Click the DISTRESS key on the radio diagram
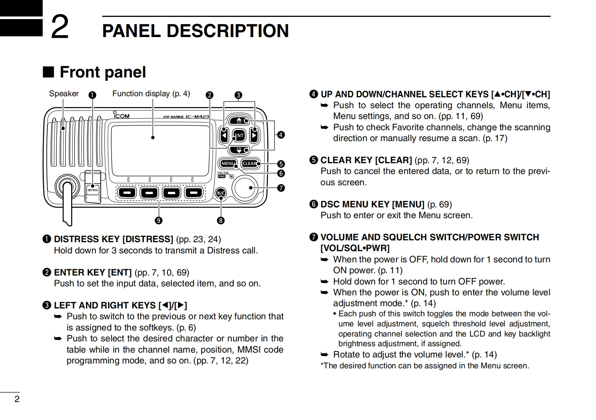[x=92, y=189]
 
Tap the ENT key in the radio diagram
[x=239, y=136]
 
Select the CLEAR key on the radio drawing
[x=250, y=164]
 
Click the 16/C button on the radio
[x=221, y=193]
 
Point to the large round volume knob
[x=245, y=187]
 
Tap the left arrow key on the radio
[x=224, y=135]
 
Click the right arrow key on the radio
[x=254, y=135]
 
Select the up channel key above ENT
[x=239, y=121]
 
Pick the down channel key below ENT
[x=239, y=150]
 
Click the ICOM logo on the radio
[x=122, y=116]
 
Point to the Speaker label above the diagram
[x=64, y=94]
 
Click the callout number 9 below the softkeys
[x=159, y=220]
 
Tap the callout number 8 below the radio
[x=221, y=220]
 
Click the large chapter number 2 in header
[x=60, y=27]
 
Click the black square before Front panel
[x=48, y=72]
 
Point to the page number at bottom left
[x=17, y=399]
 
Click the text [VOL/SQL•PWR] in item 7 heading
[x=355, y=248]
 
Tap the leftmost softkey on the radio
[x=128, y=193]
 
